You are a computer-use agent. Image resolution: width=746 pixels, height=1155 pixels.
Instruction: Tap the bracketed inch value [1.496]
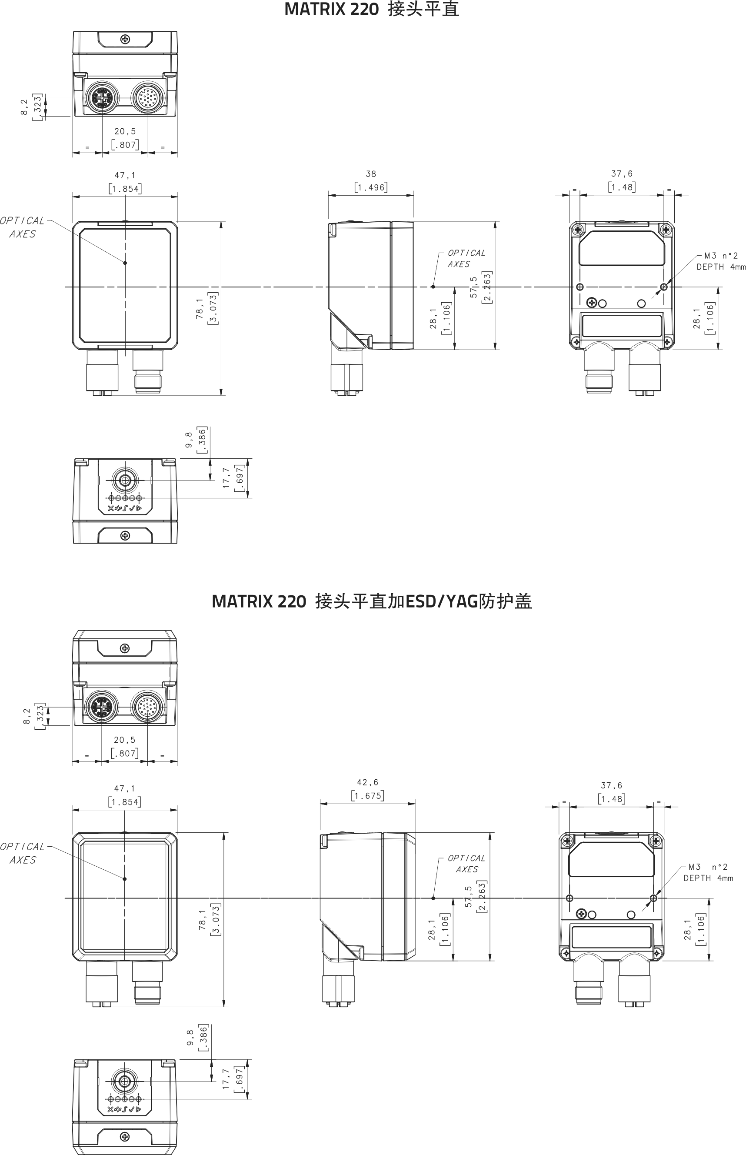[371, 187]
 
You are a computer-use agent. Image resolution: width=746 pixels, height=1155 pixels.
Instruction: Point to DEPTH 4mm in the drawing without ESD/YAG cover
[721, 267]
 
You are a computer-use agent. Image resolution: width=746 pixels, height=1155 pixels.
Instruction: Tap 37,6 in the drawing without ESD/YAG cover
[622, 174]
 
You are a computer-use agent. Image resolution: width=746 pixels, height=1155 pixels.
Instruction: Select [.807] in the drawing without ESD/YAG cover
[124, 144]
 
